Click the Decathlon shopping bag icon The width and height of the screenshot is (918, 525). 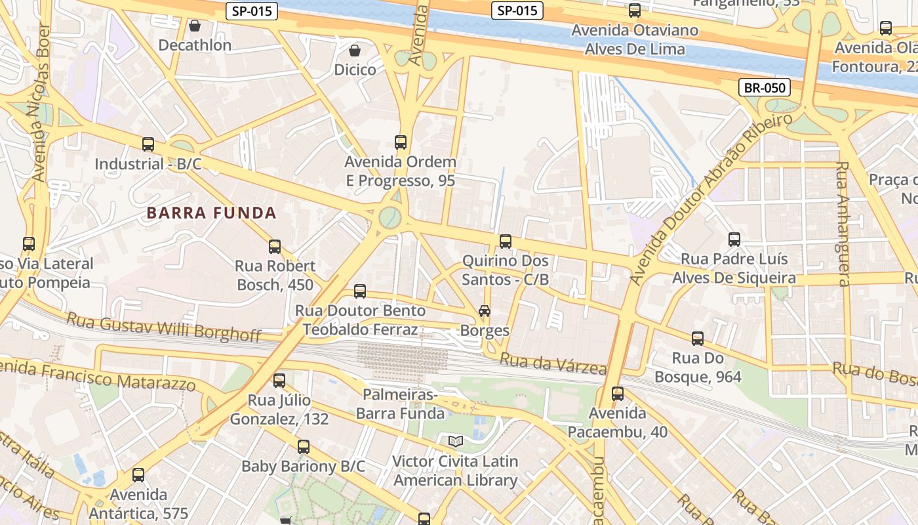[x=194, y=26]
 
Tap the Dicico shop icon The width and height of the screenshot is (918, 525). [x=355, y=51]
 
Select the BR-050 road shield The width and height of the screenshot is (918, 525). [x=764, y=87]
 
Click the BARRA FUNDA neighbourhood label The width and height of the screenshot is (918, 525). [x=212, y=213]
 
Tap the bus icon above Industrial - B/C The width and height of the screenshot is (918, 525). [x=148, y=144]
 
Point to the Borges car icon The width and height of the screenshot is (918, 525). [x=485, y=310]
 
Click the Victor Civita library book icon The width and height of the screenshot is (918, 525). [x=455, y=441]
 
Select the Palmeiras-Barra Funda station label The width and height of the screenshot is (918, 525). [x=400, y=404]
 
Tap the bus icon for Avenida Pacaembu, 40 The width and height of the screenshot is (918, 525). [x=617, y=394]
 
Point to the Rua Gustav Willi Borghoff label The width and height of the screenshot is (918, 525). [x=164, y=327]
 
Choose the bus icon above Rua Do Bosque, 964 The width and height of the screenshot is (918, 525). [x=698, y=339]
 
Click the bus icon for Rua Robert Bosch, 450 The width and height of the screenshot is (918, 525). [x=275, y=247]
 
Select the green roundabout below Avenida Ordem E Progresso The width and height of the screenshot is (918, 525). [x=390, y=217]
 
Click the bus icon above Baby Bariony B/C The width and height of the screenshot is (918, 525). [x=303, y=447]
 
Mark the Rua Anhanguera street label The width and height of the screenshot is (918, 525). [x=843, y=223]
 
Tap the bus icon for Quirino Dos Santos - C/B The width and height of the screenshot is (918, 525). [x=505, y=241]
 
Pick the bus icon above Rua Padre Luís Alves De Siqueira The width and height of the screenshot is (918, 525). [x=734, y=240]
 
